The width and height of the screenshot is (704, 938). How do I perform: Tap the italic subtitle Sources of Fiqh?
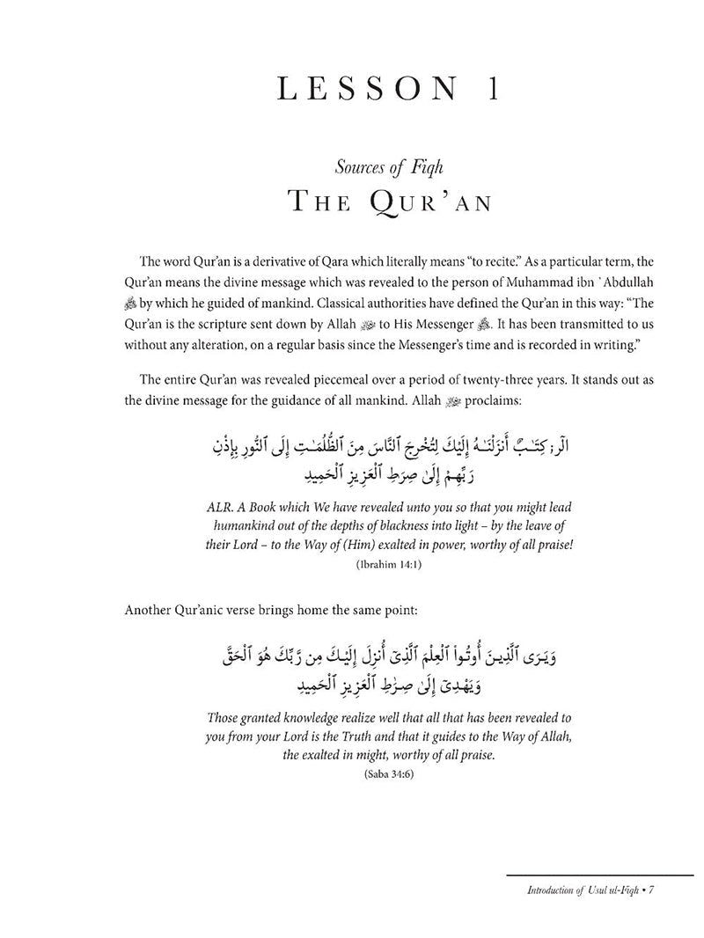click(352, 168)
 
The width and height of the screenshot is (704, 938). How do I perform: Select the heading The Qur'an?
click(352, 205)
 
